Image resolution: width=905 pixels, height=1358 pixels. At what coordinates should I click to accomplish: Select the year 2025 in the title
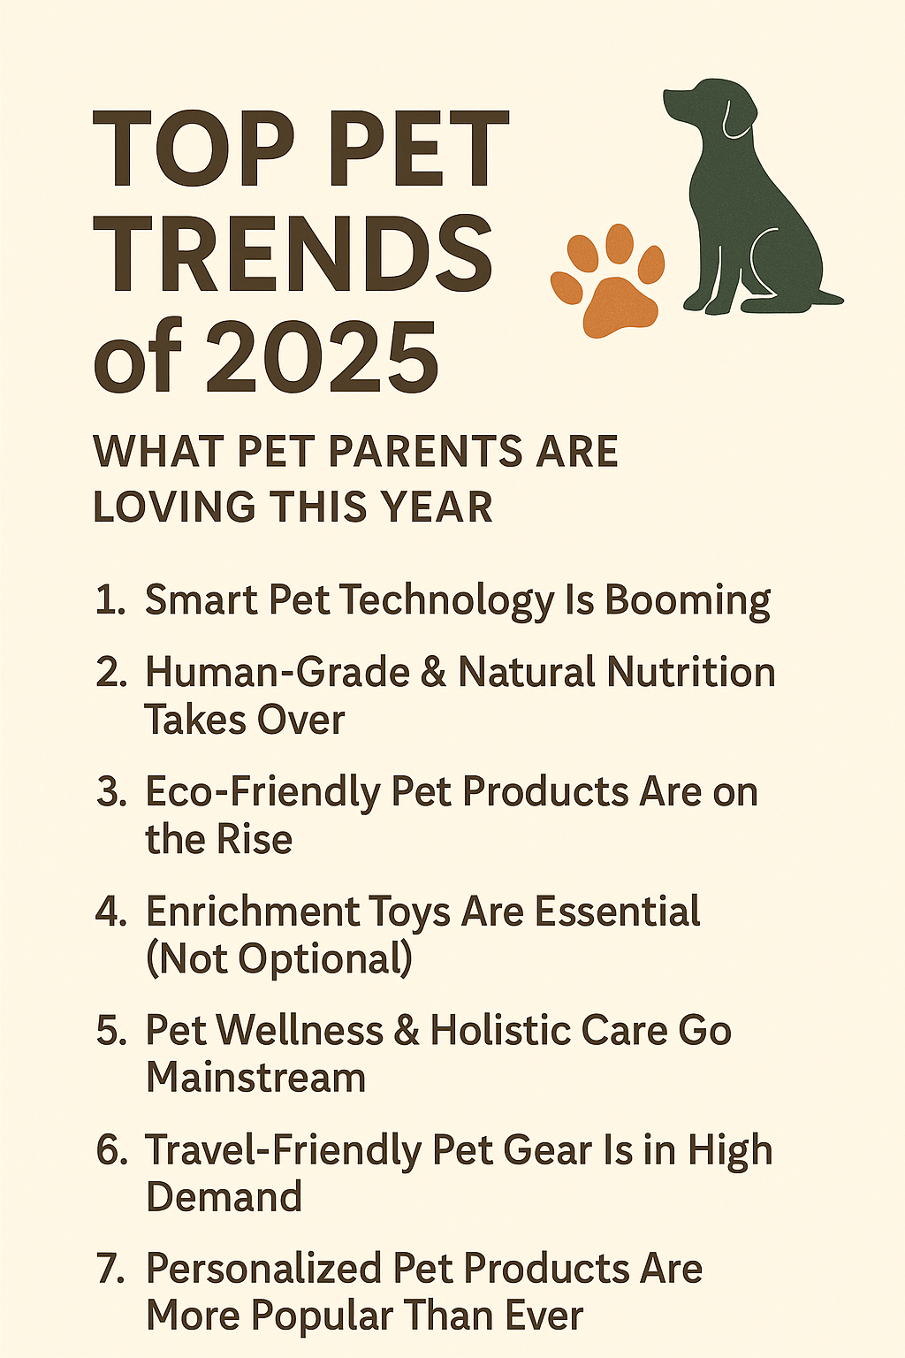coord(323,359)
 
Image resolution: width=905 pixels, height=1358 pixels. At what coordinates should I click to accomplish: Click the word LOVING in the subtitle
coord(173,507)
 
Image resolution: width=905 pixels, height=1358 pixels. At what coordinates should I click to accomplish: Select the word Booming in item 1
coord(688,600)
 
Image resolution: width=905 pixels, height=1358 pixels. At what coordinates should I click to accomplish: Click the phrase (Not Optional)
coord(278,959)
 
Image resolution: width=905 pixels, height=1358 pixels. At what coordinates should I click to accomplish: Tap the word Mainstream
coord(255,1078)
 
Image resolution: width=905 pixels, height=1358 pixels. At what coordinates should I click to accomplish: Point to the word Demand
coord(224,1197)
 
